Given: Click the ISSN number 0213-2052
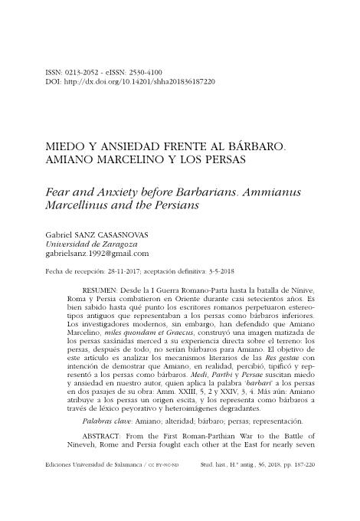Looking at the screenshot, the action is click(84, 71).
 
